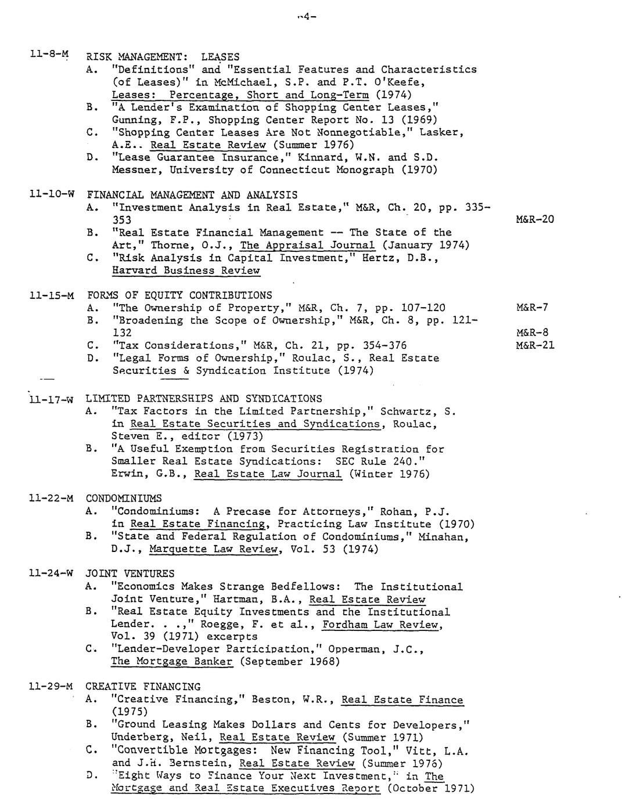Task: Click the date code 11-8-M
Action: point(49,55)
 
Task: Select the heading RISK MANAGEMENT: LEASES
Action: point(163,57)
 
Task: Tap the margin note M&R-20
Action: point(534,219)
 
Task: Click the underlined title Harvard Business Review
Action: point(186,270)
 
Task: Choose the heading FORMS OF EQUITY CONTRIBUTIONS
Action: point(179,295)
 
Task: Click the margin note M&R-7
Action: point(531,308)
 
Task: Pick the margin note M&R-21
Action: point(534,345)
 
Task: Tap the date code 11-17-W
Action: point(51,399)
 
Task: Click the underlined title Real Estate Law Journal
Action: point(268,474)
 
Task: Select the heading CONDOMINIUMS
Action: point(124,499)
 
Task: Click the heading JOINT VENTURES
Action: point(130,574)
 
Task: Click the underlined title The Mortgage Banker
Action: point(172,662)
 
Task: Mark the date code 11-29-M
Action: point(51,687)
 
